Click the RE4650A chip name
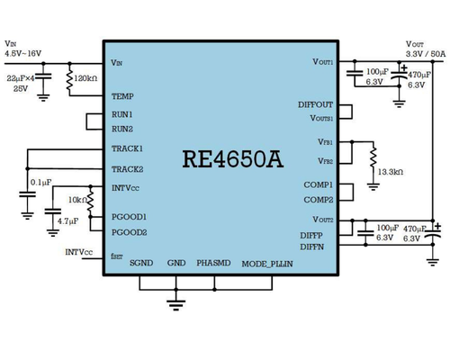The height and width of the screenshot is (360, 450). click(233, 158)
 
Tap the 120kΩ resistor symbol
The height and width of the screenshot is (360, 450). click(69, 80)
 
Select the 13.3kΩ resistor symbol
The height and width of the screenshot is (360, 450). click(373, 157)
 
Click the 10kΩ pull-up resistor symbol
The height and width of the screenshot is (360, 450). click(91, 201)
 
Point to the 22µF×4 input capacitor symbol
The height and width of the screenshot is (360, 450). click(43, 76)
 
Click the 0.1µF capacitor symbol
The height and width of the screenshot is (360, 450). click(27, 194)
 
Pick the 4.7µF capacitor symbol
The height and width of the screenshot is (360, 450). click(53, 211)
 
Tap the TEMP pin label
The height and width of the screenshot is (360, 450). click(122, 96)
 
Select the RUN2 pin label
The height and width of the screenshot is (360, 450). click(122, 129)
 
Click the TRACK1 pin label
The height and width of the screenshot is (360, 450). click(127, 148)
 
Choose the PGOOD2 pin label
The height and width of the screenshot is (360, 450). click(129, 232)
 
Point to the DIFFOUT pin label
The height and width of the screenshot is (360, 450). click(315, 104)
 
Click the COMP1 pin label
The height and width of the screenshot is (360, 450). click(319, 184)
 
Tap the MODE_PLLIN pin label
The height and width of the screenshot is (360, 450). click(267, 264)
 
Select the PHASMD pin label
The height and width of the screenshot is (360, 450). click(213, 263)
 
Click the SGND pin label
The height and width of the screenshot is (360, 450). click(141, 263)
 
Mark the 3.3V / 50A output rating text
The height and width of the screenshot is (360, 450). click(426, 54)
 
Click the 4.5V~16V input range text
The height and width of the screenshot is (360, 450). click(23, 54)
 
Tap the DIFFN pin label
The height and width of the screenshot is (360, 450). click(312, 247)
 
